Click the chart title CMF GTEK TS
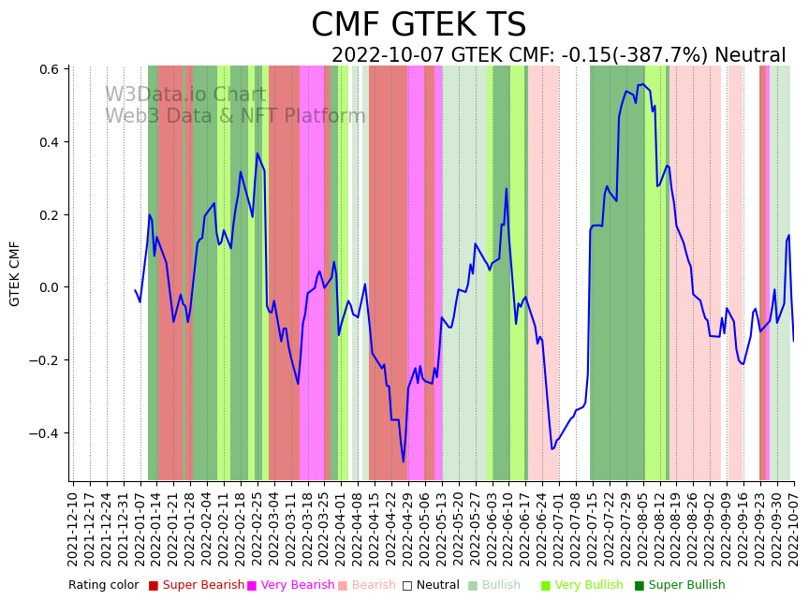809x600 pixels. point(419,25)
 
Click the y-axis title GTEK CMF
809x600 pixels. point(15,273)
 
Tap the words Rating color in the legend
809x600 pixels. point(103,586)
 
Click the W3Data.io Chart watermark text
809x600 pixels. point(185,95)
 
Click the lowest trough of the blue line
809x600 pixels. point(404,461)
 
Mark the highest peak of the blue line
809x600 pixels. point(642,84)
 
